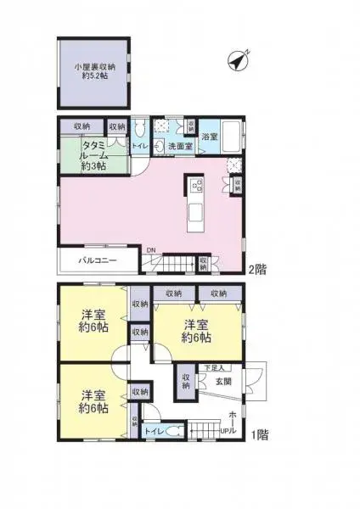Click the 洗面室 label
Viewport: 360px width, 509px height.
click(179, 147)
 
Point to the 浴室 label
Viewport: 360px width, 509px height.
click(209, 137)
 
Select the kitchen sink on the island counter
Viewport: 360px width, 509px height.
click(194, 210)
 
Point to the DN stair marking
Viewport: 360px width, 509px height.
click(150, 250)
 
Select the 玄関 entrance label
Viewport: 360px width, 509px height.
click(223, 382)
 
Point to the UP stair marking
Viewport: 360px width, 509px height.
click(225, 433)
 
